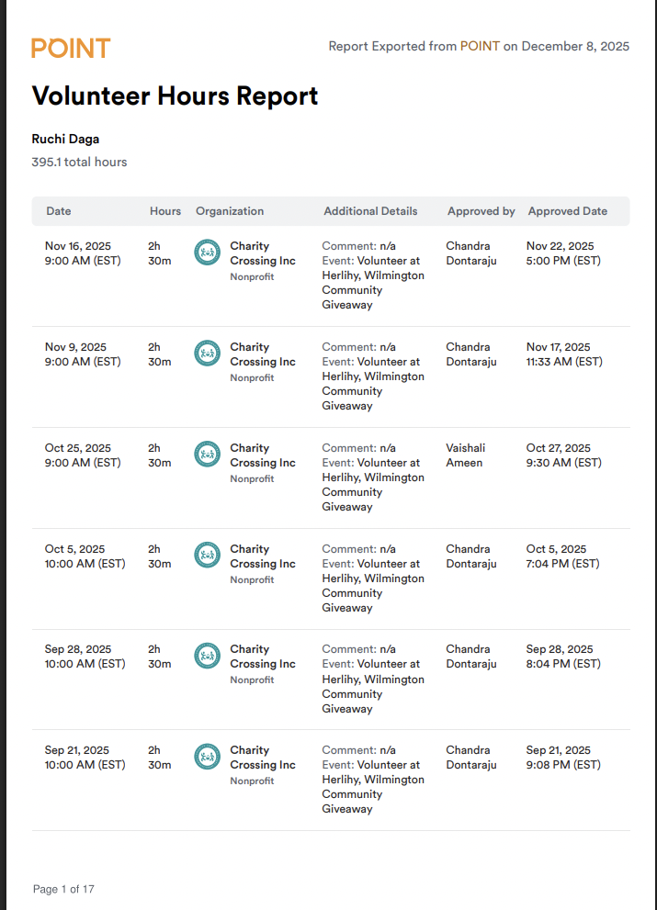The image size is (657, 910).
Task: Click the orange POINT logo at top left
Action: click(x=71, y=48)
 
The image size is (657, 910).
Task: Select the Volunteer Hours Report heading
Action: click(x=175, y=95)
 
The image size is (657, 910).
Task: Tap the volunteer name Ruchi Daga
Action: click(x=65, y=140)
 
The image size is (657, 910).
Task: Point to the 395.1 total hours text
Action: click(x=79, y=163)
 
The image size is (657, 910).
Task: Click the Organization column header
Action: click(x=230, y=211)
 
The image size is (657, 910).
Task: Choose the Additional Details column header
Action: click(x=370, y=211)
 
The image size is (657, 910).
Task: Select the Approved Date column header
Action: click(x=567, y=211)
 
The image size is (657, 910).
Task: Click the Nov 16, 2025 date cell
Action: click(x=78, y=246)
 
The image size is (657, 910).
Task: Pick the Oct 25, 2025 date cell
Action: click(x=78, y=448)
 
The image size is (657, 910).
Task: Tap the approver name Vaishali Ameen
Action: click(x=466, y=455)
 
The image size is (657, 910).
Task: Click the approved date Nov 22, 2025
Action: click(x=560, y=246)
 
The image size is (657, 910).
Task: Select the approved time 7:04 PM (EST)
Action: click(x=563, y=564)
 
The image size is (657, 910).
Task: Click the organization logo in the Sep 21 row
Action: click(x=208, y=757)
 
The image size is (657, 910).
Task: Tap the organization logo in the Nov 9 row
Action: click(x=208, y=353)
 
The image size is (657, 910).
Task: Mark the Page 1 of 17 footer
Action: click(x=63, y=889)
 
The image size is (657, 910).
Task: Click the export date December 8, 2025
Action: click(x=575, y=46)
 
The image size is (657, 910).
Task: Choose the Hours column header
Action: click(x=165, y=211)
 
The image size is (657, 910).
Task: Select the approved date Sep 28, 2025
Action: click(x=560, y=649)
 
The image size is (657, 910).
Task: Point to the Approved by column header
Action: click(x=481, y=211)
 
